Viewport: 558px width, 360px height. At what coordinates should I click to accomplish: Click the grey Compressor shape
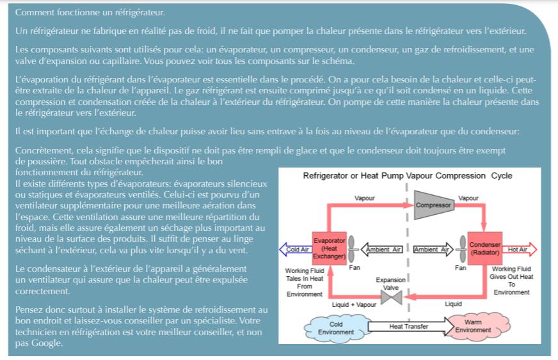coord(434,205)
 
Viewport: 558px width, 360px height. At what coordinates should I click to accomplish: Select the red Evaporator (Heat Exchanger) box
coord(329,248)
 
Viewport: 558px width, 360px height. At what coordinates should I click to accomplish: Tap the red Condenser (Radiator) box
coord(484,248)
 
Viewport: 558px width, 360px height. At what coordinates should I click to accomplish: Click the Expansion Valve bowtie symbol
coord(391,297)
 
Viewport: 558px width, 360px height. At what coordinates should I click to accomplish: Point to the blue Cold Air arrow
coord(295,249)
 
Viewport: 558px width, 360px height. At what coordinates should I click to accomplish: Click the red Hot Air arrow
coord(519,249)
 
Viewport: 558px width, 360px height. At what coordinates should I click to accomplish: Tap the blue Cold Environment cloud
coord(335,328)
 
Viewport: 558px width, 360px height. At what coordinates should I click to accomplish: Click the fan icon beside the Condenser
coord(462,249)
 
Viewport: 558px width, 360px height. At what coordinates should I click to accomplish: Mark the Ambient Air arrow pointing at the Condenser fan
coord(433,249)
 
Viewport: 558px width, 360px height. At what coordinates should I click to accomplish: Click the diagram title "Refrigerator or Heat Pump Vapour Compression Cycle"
coord(408,176)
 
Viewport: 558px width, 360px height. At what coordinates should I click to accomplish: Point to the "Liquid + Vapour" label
coord(354,305)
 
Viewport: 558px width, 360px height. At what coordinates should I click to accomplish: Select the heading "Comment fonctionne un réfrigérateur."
coord(90,12)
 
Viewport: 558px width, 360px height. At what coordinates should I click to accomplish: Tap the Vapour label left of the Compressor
coord(364,198)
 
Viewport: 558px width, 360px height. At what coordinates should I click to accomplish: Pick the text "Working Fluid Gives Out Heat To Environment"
coord(511,281)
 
